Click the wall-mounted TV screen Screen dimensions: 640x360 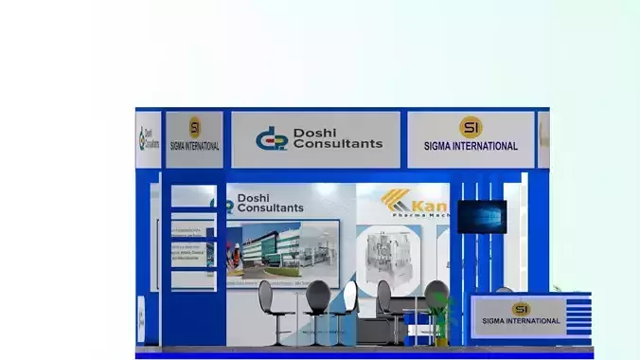coord(481,216)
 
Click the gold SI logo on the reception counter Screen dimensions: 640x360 coord(521,308)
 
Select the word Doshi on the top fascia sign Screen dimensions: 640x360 coord(313,132)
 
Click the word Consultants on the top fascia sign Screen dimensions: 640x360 coord(338,144)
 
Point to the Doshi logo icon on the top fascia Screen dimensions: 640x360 coord(271,138)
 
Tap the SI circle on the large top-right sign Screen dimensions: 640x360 coord(471,127)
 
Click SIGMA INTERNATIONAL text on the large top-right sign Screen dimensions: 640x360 coord(471,147)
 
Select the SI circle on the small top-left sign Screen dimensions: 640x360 coord(194,128)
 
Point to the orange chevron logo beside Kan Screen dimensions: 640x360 coord(396,201)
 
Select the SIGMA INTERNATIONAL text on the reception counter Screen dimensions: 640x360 coord(521,321)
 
